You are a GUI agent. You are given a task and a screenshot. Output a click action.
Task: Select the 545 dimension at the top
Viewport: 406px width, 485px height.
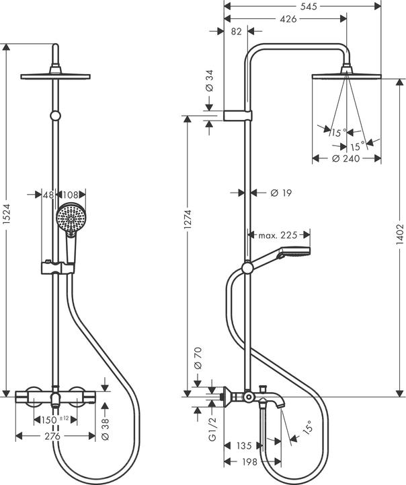[309, 6]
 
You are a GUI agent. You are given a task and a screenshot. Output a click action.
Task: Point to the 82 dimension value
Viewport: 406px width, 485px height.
[235, 32]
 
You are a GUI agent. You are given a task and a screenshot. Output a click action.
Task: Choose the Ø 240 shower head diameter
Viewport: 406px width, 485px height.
[346, 159]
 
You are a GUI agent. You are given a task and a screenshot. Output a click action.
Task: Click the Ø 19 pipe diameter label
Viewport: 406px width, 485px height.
[280, 193]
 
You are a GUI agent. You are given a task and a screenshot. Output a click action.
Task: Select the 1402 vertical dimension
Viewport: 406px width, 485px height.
[399, 235]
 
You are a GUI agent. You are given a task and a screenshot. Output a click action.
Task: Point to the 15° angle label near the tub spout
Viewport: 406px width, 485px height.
[308, 427]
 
